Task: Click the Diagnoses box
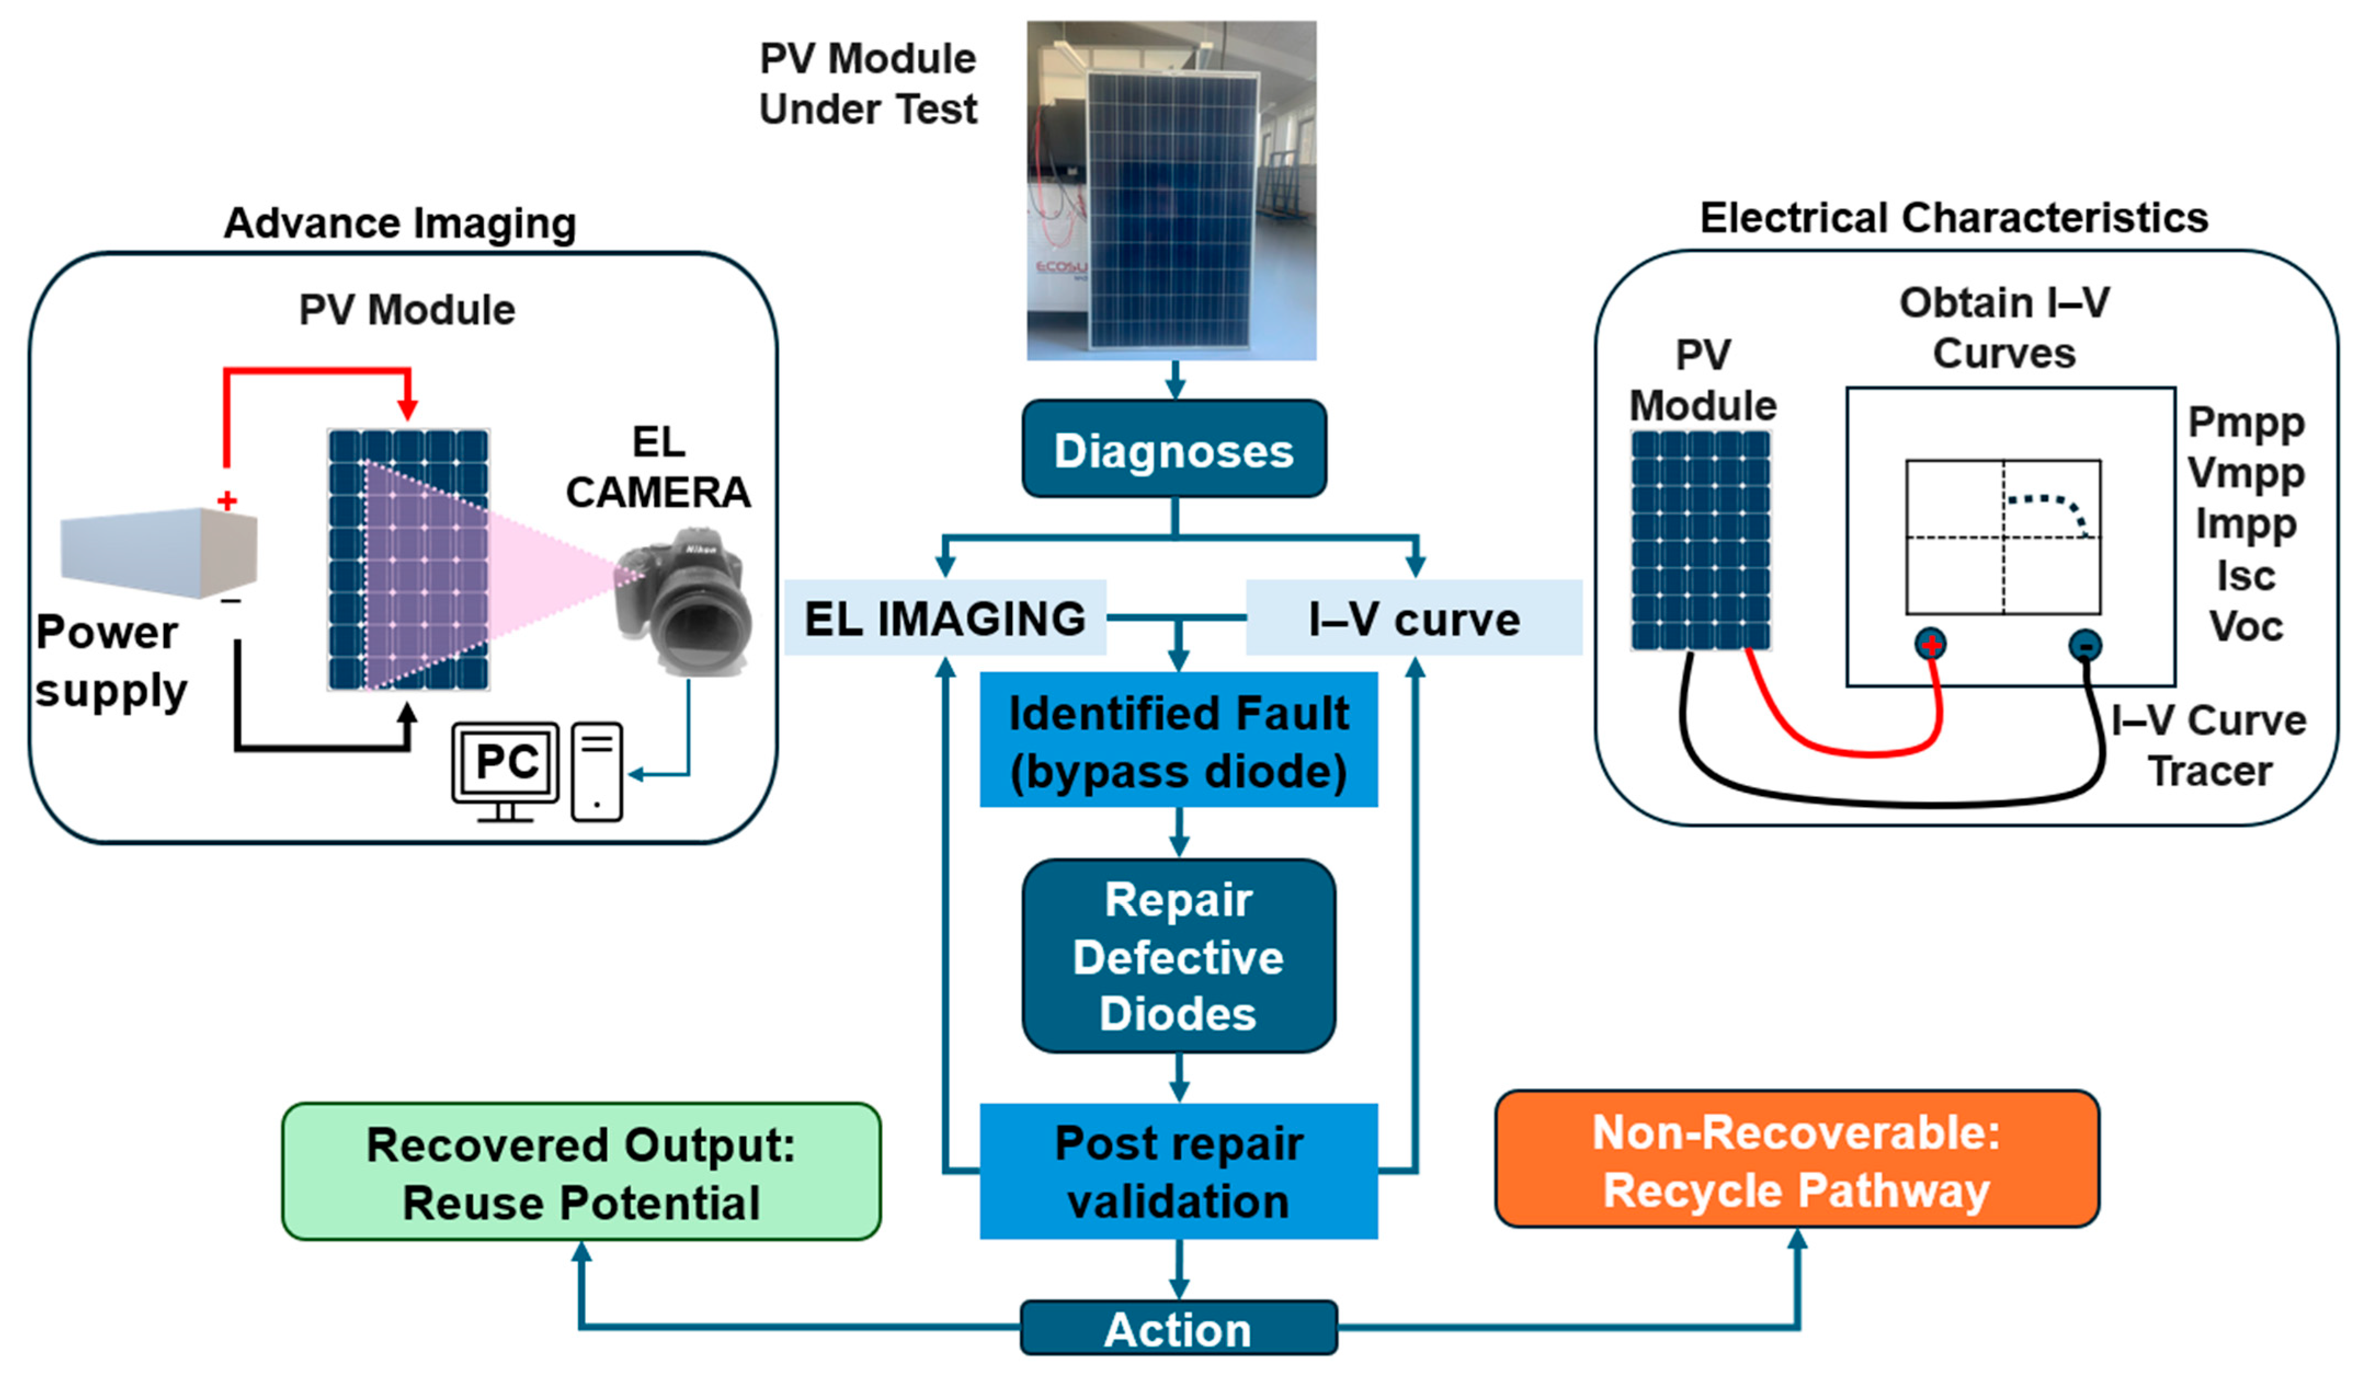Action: [x=1174, y=449]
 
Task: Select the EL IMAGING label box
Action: [x=945, y=618]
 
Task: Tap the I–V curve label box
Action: [x=1414, y=618]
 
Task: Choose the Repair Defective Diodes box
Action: [x=1179, y=956]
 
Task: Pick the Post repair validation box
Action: [x=1179, y=1172]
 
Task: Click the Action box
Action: [x=1179, y=1328]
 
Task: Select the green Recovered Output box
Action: [x=581, y=1172]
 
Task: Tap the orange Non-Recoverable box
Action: [x=1796, y=1159]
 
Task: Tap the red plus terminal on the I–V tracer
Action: [x=1931, y=645]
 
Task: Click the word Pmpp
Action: [x=2246, y=423]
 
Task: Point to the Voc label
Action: [x=2246, y=626]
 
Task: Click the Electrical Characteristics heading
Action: [x=1954, y=217]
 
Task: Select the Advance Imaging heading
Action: [x=401, y=223]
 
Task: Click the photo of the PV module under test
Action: [x=1171, y=190]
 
